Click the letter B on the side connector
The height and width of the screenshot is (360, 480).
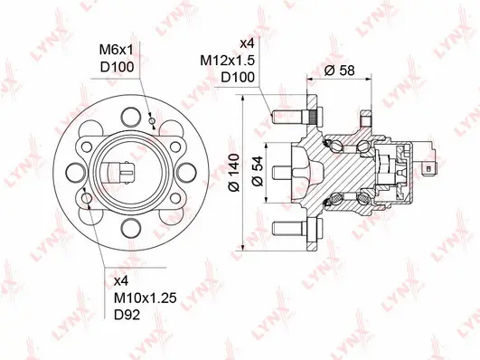point(426,167)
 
